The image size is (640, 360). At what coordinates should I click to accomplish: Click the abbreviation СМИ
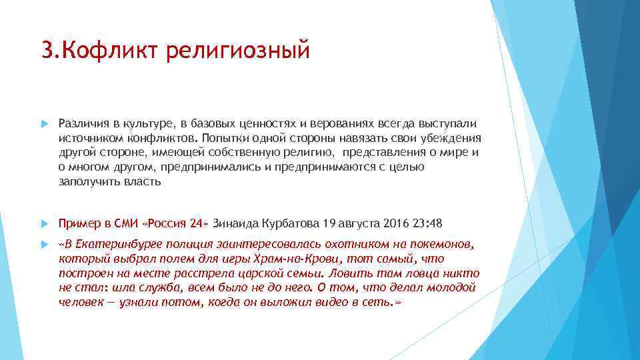click(125, 223)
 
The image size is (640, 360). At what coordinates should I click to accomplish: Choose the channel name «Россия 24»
click(176, 223)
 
